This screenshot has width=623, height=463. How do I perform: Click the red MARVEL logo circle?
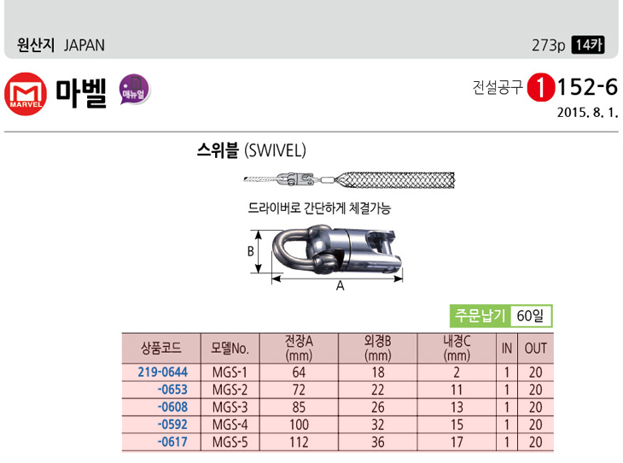[x=26, y=94]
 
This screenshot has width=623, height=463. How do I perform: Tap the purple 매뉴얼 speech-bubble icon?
[x=135, y=90]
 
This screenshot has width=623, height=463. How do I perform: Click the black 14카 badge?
[x=588, y=45]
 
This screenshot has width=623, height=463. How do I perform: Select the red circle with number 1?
[x=540, y=88]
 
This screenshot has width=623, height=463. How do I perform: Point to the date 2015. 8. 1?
[x=587, y=113]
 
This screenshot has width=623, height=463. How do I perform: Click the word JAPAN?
[x=84, y=45]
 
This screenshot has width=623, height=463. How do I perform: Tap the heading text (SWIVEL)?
[x=275, y=150]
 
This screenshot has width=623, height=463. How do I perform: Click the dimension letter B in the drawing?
[x=250, y=252]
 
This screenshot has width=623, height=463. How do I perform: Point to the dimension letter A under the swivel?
[x=341, y=286]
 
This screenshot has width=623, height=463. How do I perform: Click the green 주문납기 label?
[x=480, y=315]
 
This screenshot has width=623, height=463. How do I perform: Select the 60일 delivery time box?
[x=530, y=316]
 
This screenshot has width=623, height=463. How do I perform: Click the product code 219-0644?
[x=163, y=372]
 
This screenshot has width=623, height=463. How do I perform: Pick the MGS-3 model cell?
[x=230, y=407]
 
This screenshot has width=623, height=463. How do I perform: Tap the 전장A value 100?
[x=299, y=425]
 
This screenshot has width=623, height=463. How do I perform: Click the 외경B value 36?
[x=378, y=442]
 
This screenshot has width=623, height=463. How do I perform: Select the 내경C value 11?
[x=457, y=390]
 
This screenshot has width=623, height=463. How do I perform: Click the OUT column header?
[x=536, y=349]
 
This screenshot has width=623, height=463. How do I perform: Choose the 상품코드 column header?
[x=161, y=348]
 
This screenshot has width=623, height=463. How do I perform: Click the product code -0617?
[x=172, y=442]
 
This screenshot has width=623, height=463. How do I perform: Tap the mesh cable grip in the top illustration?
[x=395, y=180]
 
